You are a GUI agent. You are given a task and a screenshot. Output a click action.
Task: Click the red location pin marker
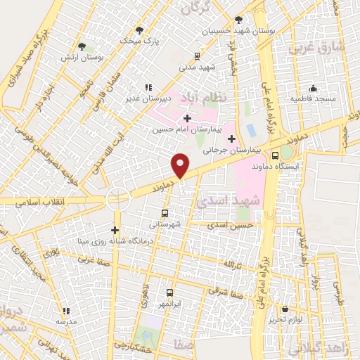point(181,165)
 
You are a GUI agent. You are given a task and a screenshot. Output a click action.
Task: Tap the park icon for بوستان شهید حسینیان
point(240,20)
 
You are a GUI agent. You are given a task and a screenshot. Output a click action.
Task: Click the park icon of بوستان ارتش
point(83,46)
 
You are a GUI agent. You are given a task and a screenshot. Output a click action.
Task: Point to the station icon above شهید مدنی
point(197,56)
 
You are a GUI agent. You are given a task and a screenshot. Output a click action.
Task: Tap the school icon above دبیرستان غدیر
point(147,86)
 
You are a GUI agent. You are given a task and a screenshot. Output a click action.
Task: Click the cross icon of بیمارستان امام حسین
point(186,118)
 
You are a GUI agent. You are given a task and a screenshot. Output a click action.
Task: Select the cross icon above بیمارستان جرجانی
point(231,139)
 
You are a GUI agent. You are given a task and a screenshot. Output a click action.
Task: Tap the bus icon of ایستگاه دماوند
point(275,155)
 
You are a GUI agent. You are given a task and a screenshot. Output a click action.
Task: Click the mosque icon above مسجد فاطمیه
point(313,89)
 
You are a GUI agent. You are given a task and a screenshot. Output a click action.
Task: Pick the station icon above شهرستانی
point(165,213)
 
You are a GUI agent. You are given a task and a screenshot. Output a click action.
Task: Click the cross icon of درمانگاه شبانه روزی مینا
point(115,230)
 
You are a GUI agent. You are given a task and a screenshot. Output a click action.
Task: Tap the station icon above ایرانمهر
point(169,292)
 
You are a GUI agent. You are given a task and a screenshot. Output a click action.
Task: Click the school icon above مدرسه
point(66,310)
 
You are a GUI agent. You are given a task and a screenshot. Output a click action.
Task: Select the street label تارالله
point(232,264)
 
